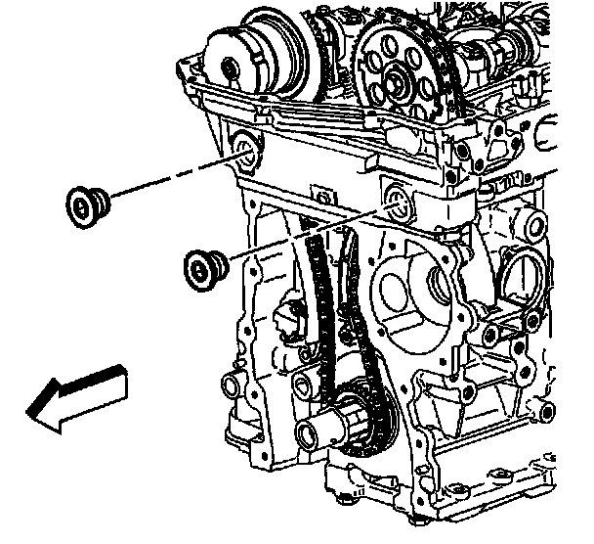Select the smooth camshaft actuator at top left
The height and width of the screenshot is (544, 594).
point(248,61)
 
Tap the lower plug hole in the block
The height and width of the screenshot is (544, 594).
point(396,204)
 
